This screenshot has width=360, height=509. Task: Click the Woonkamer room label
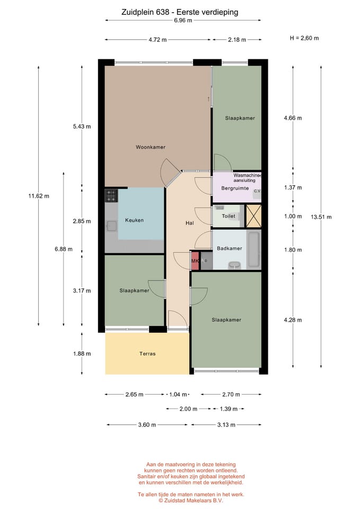click(x=151, y=147)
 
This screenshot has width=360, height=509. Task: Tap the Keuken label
click(x=134, y=220)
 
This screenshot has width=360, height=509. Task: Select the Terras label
click(x=147, y=354)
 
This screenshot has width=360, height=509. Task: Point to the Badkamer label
click(x=230, y=248)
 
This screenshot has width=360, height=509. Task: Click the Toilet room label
click(x=229, y=216)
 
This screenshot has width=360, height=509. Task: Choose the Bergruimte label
click(x=235, y=188)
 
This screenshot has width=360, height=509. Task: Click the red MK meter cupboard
click(x=195, y=261)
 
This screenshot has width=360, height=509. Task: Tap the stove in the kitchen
click(x=111, y=196)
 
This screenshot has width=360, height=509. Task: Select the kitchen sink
click(x=112, y=226)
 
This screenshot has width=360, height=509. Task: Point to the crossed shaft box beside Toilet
click(x=253, y=216)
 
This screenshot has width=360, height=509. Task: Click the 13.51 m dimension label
click(x=321, y=217)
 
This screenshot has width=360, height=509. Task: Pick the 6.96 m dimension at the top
click(x=183, y=20)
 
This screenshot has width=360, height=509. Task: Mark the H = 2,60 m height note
click(x=304, y=38)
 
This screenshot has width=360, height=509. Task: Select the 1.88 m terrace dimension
click(x=82, y=354)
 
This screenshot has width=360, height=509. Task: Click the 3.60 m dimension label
click(x=147, y=425)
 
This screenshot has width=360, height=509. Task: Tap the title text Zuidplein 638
click(x=145, y=12)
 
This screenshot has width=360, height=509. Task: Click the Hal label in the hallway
click(x=190, y=223)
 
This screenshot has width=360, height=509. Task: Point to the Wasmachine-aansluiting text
click(x=247, y=178)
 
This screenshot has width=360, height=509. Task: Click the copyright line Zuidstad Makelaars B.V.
click(x=191, y=501)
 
